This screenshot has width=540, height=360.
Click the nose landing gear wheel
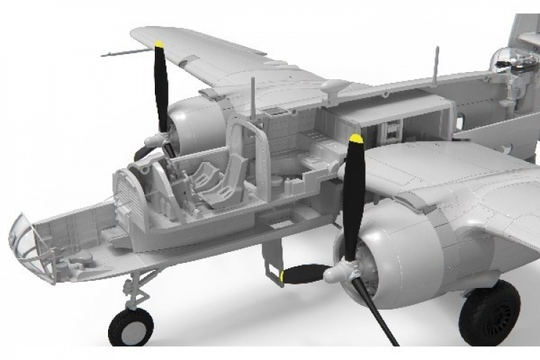(130, 327)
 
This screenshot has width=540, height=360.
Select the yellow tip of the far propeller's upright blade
(159, 47)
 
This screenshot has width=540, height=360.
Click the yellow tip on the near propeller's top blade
(354, 139)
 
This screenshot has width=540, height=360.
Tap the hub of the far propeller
(153, 140)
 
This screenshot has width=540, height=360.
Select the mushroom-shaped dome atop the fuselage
(333, 86)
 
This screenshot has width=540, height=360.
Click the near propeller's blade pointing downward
(374, 310)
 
